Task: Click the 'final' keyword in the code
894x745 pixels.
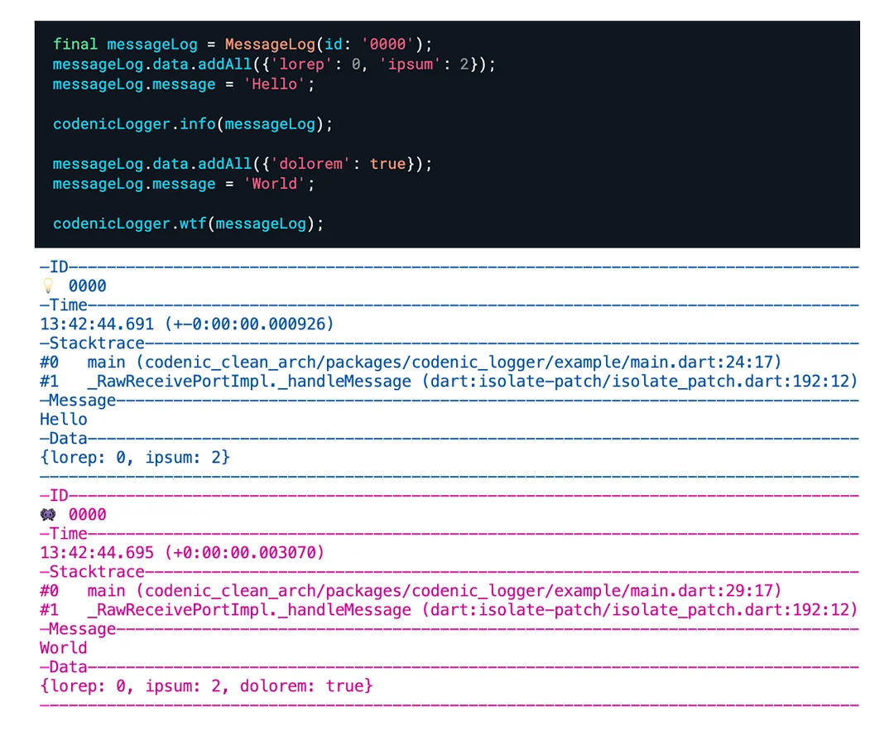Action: [75, 44]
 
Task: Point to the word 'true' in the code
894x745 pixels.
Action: [387, 164]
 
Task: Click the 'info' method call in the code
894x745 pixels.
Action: [198, 124]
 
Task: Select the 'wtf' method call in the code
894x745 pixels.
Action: [194, 223]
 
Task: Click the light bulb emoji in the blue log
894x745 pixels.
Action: [48, 286]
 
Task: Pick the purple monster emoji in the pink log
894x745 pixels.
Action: [48, 514]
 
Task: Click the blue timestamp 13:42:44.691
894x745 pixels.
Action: [97, 324]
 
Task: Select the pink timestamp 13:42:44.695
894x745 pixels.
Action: [97, 552]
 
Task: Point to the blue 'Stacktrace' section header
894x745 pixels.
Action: [97, 343]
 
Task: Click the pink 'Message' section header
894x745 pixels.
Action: [82, 629]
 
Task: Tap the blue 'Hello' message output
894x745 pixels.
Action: [64, 419]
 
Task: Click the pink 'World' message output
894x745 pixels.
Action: [64, 647]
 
